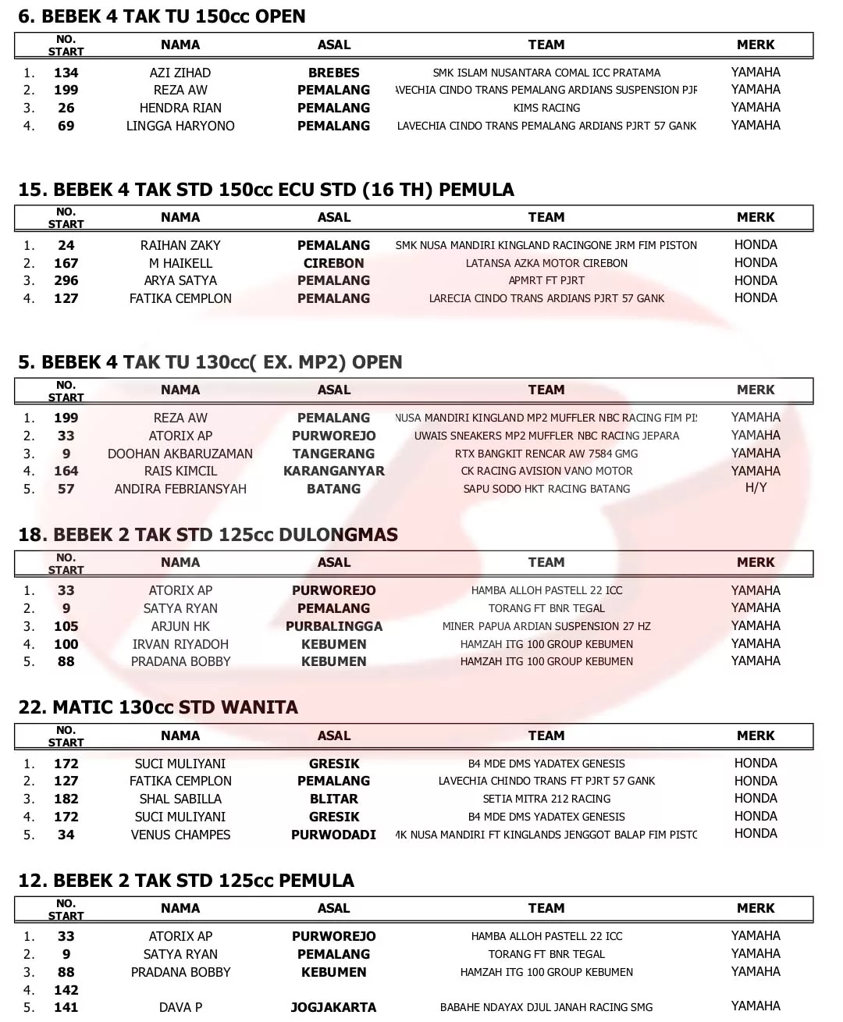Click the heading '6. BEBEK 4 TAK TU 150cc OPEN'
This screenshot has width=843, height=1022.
point(162,16)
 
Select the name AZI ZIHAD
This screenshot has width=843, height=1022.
point(180,73)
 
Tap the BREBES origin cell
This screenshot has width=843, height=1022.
point(334,73)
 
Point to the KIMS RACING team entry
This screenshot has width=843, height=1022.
point(546,108)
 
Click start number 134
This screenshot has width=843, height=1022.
point(66,73)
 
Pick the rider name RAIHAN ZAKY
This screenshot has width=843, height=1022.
point(180,245)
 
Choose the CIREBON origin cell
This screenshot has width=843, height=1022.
point(334,263)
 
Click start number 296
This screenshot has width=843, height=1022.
point(66,280)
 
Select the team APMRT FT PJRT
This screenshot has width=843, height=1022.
point(546,280)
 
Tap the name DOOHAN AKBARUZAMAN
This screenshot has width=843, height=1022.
point(180,454)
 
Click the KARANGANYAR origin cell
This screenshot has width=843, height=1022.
point(334,471)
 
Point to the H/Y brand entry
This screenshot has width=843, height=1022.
point(756,488)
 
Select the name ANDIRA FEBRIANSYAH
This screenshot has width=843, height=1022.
point(180,489)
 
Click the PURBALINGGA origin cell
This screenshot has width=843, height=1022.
point(334,626)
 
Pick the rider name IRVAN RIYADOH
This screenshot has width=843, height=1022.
point(180,644)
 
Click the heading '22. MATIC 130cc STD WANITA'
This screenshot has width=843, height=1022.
point(158,707)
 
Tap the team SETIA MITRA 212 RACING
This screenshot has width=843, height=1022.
point(546,799)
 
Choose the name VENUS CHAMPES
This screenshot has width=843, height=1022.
point(180,835)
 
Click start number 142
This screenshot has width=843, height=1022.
point(66,990)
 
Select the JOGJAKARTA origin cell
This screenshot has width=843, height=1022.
point(334,1007)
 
